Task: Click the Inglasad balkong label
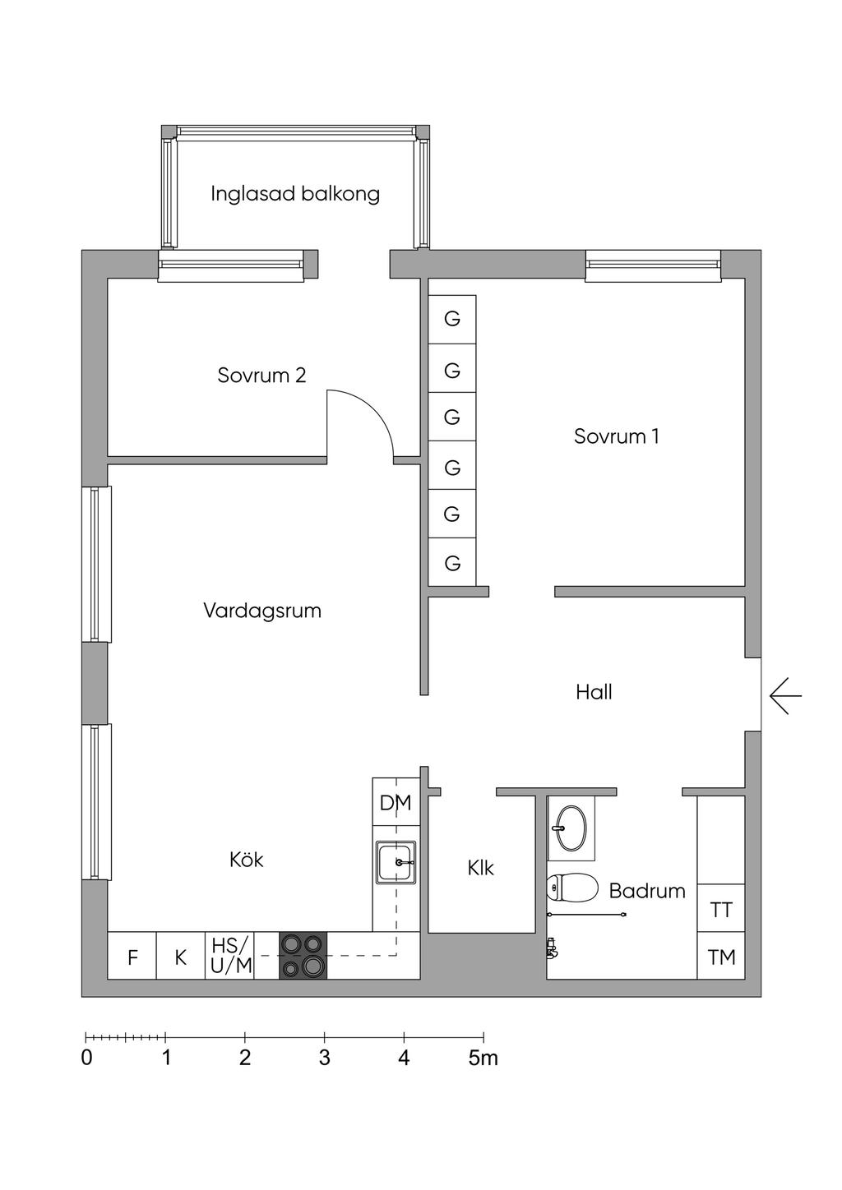(294, 194)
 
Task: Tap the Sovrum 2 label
(261, 376)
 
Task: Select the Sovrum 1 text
(616, 436)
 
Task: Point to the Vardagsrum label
(261, 611)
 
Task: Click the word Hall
(594, 693)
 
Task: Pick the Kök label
(246, 860)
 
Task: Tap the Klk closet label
(480, 868)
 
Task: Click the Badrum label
(647, 891)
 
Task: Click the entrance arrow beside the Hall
(785, 696)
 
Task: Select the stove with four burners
(303, 956)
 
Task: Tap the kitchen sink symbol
(396, 863)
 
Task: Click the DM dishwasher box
(396, 802)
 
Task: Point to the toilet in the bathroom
(572, 888)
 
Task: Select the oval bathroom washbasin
(571, 827)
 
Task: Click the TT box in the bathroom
(721, 910)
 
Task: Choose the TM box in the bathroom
(721, 957)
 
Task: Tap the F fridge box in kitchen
(132, 957)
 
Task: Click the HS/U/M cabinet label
(230, 956)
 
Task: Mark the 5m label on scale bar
(483, 1059)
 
